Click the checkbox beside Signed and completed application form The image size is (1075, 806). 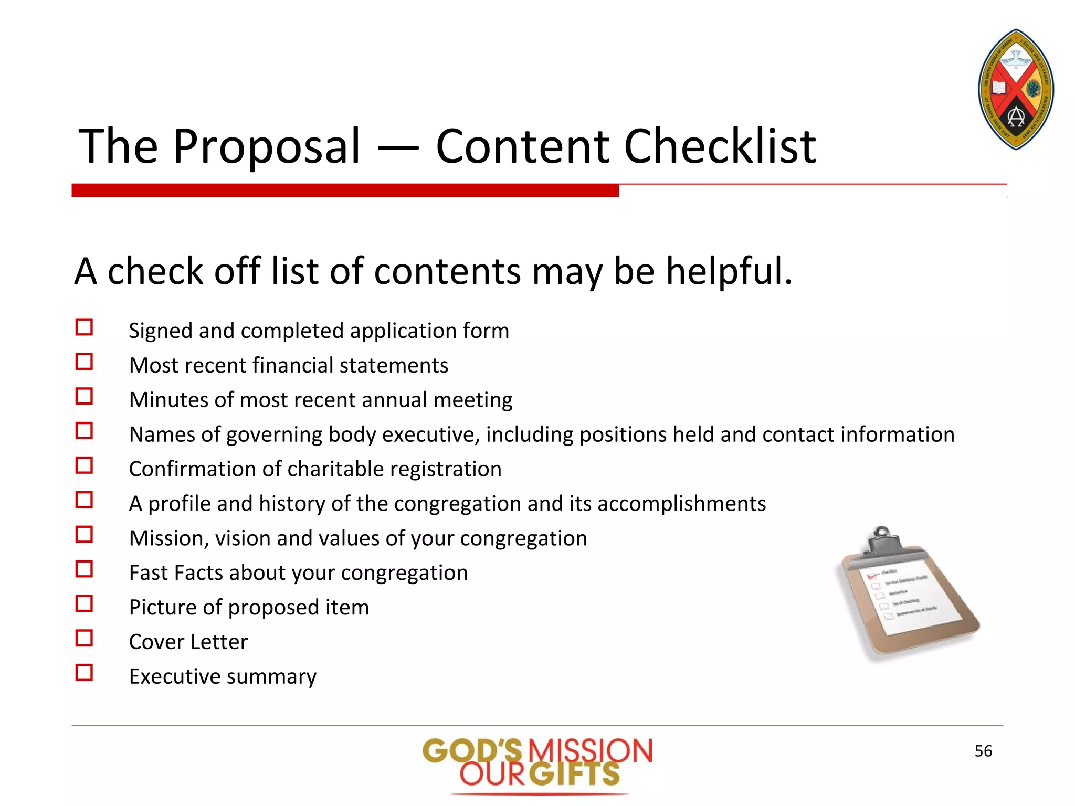coord(84,327)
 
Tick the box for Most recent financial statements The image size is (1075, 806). coord(84,362)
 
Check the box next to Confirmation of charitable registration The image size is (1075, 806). coord(84,465)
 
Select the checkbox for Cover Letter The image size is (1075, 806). coord(84,638)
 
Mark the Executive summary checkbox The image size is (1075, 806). coord(84,673)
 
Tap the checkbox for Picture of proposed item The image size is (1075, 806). coord(84,604)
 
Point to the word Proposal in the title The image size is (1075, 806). coord(267,147)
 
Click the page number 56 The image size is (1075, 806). coord(983,751)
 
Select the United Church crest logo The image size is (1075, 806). coord(1016,89)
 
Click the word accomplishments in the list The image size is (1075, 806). coord(681,504)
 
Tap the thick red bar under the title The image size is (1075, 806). coord(345,190)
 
